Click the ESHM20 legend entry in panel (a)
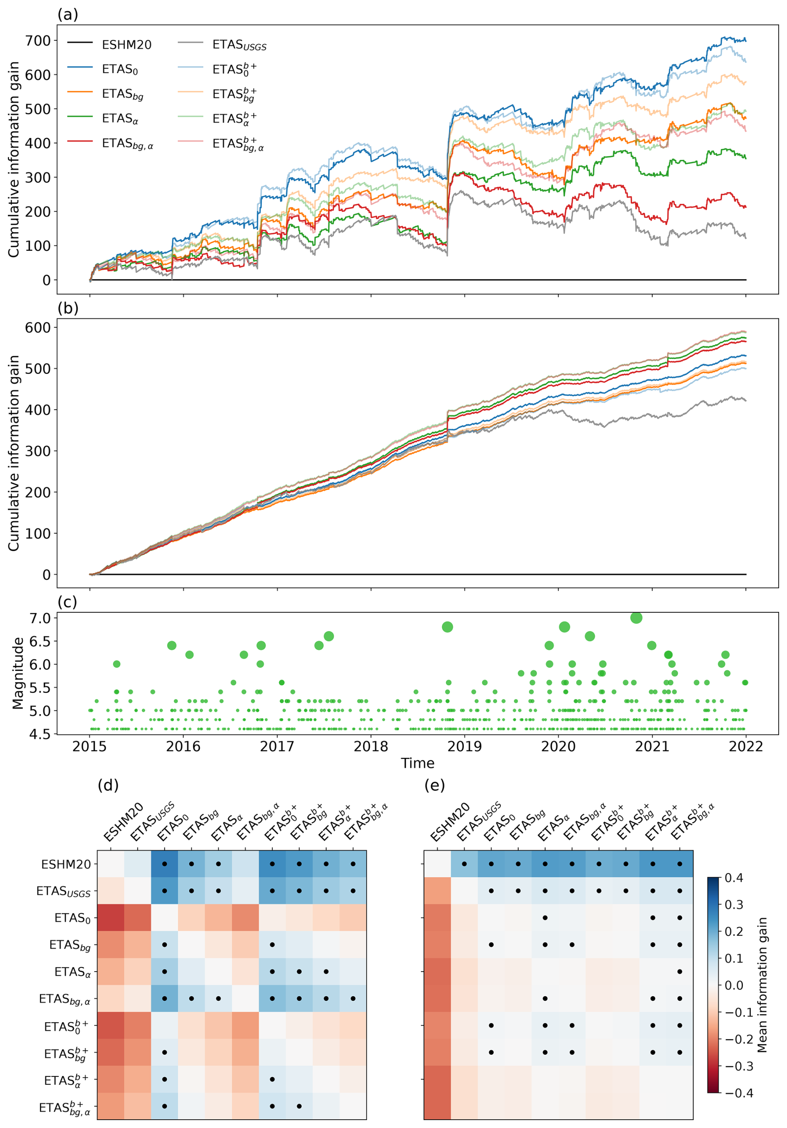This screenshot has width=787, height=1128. [x=126, y=45]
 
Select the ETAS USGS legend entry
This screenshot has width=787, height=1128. [x=239, y=45]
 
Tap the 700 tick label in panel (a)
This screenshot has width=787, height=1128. [x=38, y=40]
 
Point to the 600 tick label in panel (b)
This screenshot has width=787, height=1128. [x=38, y=327]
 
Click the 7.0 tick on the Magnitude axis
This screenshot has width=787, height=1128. [x=40, y=618]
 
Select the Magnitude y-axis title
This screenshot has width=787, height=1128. [x=18, y=673]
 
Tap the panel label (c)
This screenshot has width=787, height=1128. [x=67, y=602]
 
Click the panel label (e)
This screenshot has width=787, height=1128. [x=434, y=786]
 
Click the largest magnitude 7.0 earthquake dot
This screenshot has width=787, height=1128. [x=636, y=618]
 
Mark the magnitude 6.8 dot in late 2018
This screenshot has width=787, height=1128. [x=447, y=627]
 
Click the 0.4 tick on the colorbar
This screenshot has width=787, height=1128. [x=734, y=878]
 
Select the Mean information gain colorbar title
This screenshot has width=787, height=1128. [x=762, y=985]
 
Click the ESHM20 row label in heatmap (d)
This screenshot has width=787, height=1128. [x=66, y=864]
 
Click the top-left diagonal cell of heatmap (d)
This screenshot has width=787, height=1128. [x=111, y=864]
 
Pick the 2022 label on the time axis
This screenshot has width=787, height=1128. [x=745, y=747]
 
